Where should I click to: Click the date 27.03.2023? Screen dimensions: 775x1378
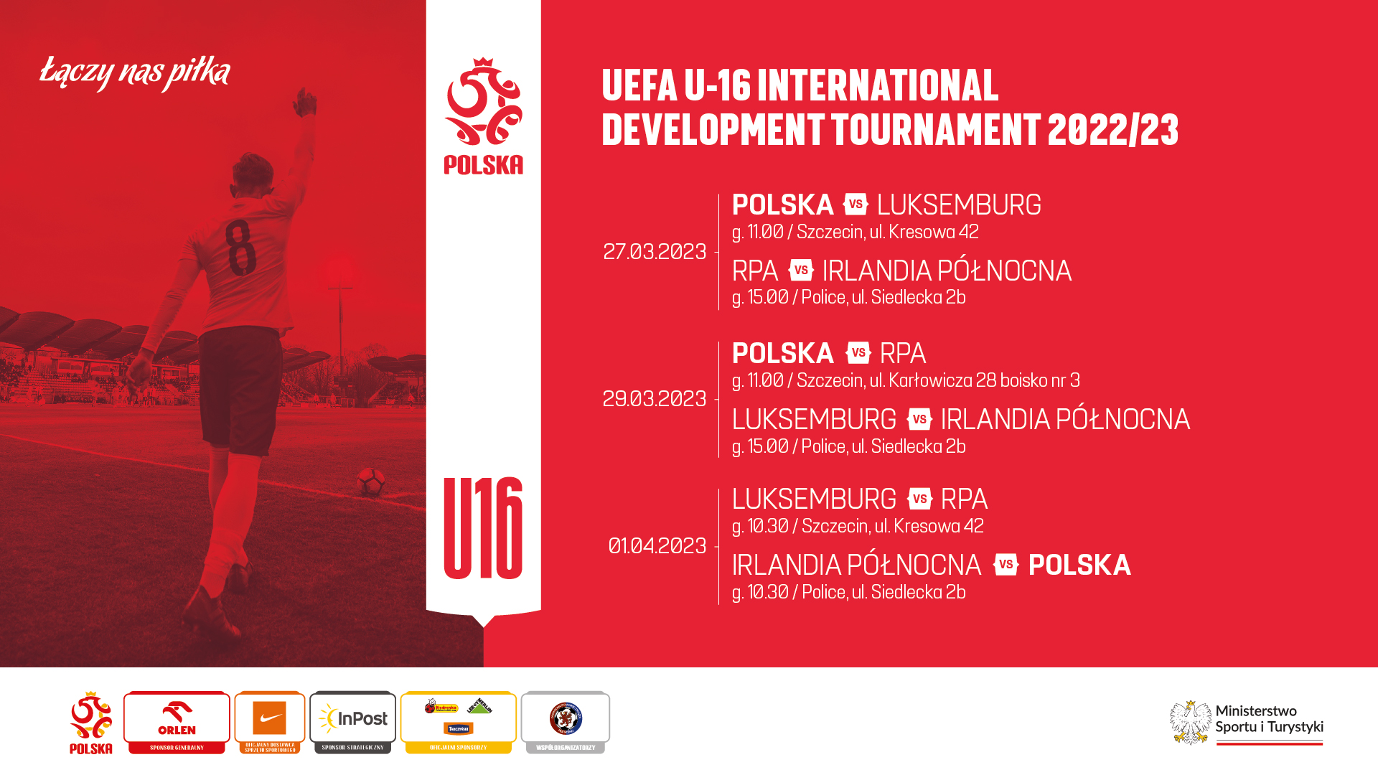tap(655, 252)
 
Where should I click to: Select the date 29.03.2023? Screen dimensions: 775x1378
tap(655, 399)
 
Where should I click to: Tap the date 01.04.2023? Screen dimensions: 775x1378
tap(657, 546)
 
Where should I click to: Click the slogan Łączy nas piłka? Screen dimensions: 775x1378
tap(135, 72)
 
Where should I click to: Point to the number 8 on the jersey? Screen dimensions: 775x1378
tap(240, 248)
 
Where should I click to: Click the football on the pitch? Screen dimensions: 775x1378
tap(371, 482)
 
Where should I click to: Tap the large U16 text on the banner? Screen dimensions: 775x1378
tap(483, 528)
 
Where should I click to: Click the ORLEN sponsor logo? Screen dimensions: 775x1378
tap(177, 718)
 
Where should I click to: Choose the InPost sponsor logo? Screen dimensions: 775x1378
tap(353, 718)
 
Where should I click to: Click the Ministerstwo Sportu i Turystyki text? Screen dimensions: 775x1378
tap(1269, 719)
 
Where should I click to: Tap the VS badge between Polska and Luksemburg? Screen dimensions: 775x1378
tap(856, 205)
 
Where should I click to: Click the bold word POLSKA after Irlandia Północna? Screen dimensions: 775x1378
tap(1079, 565)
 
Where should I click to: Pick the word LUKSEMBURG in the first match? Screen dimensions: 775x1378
tap(959, 205)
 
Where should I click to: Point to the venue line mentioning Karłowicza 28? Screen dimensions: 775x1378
tap(906, 380)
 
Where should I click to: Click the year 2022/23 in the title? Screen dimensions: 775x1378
tap(1112, 130)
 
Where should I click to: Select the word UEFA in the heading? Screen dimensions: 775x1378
tap(639, 85)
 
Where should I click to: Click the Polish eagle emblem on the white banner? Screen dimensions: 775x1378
tap(483, 103)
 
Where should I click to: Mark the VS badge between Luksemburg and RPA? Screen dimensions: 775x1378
tap(919, 499)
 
